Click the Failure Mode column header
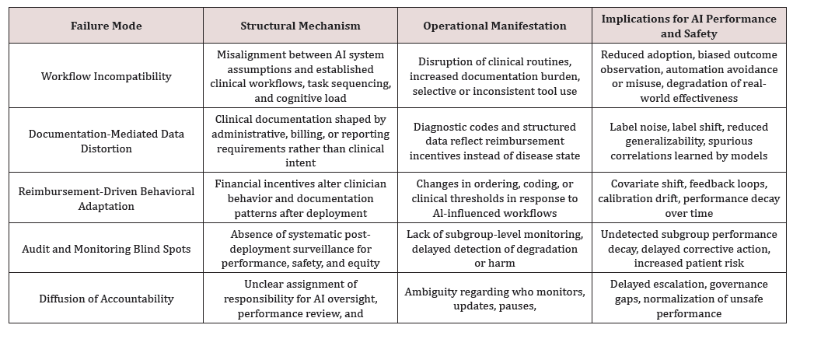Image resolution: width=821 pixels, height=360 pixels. click(106, 26)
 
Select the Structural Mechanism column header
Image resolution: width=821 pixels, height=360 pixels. click(300, 26)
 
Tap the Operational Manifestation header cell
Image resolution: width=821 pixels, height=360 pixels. click(494, 26)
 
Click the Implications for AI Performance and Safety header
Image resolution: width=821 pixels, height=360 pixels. click(689, 26)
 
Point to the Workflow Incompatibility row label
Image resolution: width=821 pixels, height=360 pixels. click(106, 76)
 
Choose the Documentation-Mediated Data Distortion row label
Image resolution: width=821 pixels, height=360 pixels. click(106, 141)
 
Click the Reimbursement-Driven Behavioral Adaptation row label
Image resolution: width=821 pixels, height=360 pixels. click(106, 198)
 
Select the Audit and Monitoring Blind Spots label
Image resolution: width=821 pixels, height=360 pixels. click(106, 249)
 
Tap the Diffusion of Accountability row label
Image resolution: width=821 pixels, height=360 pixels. click(106, 299)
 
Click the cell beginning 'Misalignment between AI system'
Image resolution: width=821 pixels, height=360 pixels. click(300, 76)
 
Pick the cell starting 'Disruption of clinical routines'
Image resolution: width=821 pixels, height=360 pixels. click(494, 76)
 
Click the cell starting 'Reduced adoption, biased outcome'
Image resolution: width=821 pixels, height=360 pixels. click(689, 76)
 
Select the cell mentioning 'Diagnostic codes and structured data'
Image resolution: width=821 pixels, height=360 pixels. click(494, 141)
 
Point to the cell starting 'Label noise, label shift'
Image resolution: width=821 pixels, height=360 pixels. click(689, 141)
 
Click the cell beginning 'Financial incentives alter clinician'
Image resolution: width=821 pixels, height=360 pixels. click(300, 198)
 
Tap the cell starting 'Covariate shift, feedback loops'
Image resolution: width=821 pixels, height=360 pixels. click(689, 198)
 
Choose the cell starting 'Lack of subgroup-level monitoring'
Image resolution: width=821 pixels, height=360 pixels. click(494, 249)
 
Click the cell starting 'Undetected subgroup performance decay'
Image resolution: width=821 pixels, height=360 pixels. click(689, 249)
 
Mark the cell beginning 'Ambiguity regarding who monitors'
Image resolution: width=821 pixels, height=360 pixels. click(494, 299)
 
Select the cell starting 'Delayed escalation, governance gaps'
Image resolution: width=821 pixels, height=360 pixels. click(689, 299)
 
